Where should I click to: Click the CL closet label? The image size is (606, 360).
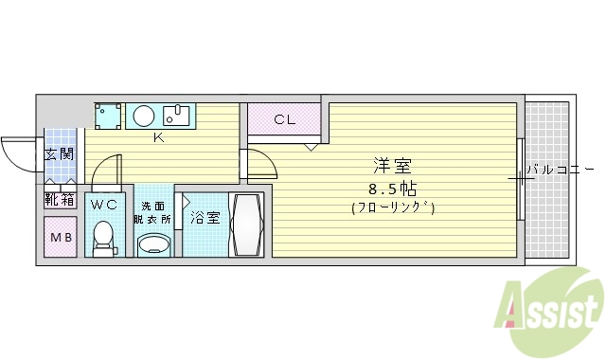(x=284, y=119)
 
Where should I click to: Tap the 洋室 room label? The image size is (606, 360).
(x=392, y=165)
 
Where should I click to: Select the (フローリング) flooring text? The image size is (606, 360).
(x=392, y=207)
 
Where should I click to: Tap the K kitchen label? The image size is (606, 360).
(x=159, y=137)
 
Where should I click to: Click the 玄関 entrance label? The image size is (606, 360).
(x=60, y=154)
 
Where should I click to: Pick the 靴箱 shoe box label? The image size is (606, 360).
(x=60, y=200)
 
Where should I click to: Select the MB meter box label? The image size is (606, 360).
(x=61, y=237)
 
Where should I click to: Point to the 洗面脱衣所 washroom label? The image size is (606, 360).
(x=154, y=212)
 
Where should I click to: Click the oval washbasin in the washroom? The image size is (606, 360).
(x=154, y=245)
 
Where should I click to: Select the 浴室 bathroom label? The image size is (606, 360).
(x=205, y=218)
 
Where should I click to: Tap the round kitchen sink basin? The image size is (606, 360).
(x=143, y=117)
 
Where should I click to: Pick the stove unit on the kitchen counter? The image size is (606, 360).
(x=108, y=116)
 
